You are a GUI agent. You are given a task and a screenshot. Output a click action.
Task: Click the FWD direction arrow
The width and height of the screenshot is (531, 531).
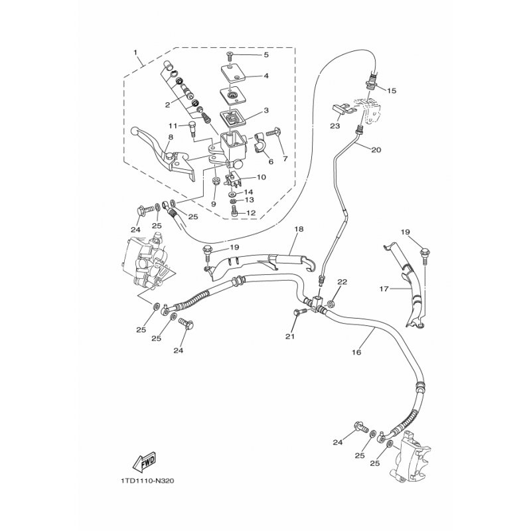point(144,461)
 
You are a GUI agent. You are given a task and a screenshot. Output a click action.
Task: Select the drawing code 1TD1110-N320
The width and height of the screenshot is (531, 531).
point(147,481)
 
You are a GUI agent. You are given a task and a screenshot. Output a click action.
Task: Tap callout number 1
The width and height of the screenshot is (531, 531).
point(135,52)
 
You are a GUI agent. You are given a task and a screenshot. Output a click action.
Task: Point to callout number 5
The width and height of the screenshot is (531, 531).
point(266,55)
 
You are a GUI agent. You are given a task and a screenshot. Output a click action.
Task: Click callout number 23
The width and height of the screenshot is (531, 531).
point(335,126)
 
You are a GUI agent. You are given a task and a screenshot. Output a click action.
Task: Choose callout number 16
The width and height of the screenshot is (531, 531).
point(356,352)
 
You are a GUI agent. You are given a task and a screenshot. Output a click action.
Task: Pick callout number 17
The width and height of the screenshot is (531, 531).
point(384,289)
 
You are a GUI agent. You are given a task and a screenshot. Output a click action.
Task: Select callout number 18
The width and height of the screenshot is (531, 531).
point(299,229)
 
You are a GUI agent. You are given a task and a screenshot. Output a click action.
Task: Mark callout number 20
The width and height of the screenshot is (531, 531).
point(376,149)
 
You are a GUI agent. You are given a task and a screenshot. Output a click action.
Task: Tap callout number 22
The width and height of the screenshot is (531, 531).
point(342,282)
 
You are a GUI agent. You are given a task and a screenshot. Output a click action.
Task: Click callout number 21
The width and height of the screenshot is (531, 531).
point(290,337)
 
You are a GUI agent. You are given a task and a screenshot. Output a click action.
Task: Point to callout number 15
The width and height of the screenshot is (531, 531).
point(392,91)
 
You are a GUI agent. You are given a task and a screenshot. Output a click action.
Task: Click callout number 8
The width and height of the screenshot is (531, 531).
point(171,137)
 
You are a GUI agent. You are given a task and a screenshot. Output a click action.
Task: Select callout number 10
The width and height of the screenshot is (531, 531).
point(261,177)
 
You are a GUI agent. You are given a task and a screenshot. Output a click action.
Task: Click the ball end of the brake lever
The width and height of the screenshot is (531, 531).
point(135,130)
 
